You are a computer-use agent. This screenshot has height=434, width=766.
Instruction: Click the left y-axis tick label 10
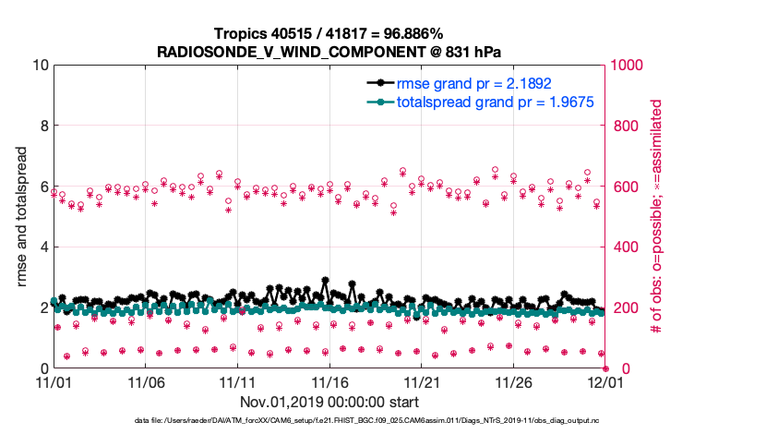coord(39,66)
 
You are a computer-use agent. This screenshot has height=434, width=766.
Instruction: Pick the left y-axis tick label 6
coord(43,187)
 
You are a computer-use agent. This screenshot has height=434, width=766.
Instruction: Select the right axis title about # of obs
coord(657,216)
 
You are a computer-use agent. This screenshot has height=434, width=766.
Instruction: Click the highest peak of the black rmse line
coord(325,280)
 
